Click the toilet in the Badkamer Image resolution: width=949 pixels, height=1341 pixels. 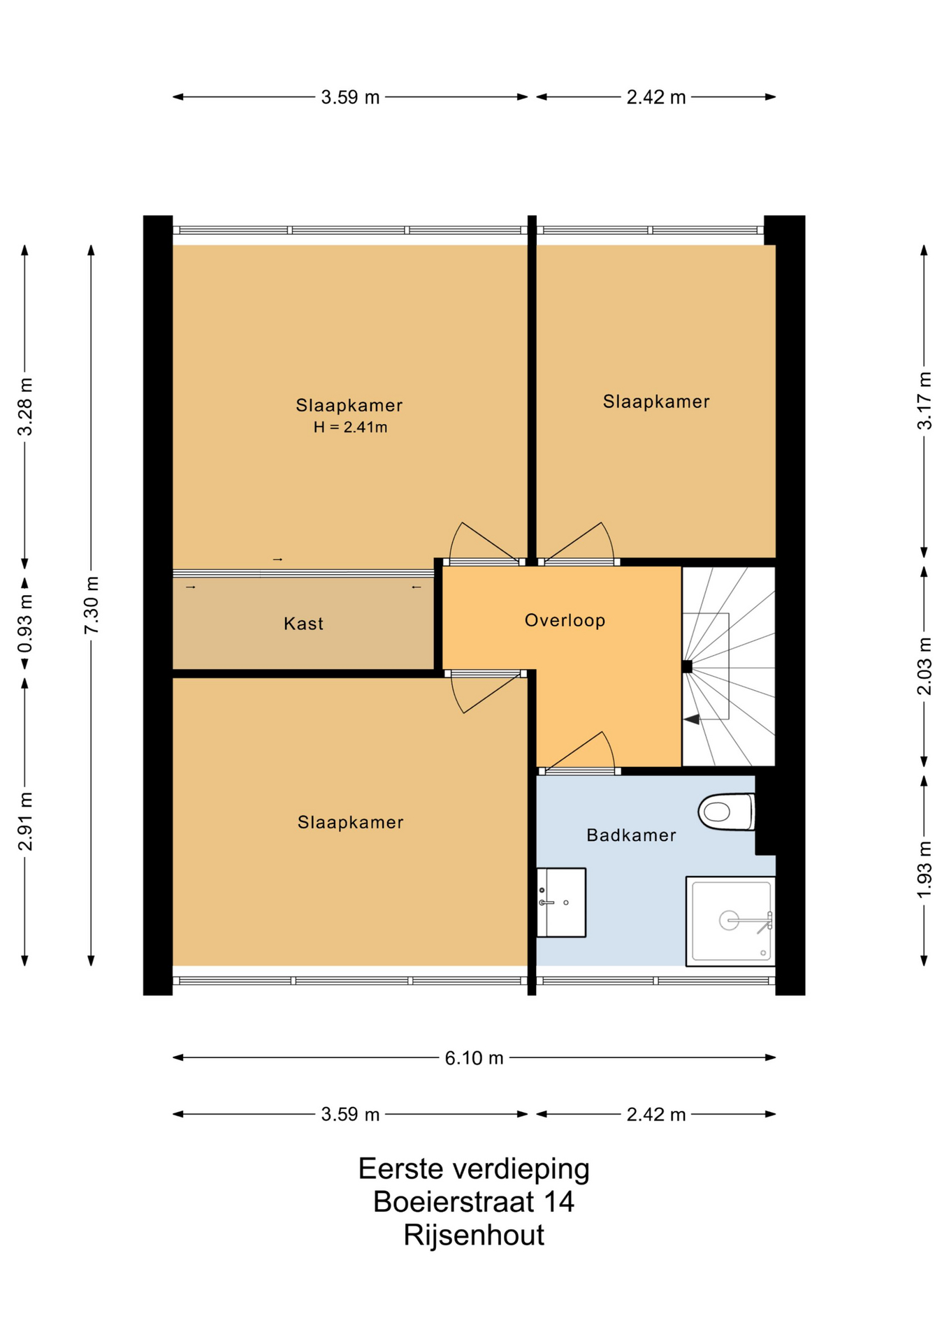[x=727, y=812]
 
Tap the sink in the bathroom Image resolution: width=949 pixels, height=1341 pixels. [x=561, y=902]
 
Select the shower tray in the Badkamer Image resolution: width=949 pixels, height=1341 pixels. [x=731, y=921]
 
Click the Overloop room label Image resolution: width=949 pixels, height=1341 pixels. [x=565, y=620]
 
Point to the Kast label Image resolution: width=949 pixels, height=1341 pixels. [x=303, y=624]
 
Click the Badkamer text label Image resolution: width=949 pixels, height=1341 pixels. [x=631, y=835]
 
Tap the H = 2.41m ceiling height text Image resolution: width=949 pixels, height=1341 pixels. [x=350, y=427]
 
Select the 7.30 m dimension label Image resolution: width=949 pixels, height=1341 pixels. [x=91, y=606]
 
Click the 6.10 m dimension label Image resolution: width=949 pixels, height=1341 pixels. [x=474, y=1058]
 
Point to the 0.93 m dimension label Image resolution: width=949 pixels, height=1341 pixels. [x=25, y=623]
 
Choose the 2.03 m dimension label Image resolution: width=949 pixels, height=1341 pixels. [x=924, y=666]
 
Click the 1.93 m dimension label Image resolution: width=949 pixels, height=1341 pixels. [x=924, y=870]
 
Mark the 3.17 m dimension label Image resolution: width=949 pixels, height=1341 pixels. [x=924, y=401]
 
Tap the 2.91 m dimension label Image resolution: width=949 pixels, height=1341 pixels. [x=25, y=821]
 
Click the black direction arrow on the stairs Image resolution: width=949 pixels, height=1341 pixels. [x=692, y=719]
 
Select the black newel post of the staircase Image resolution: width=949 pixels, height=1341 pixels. [x=687, y=666]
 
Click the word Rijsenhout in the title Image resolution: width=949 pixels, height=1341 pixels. [x=474, y=1236]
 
